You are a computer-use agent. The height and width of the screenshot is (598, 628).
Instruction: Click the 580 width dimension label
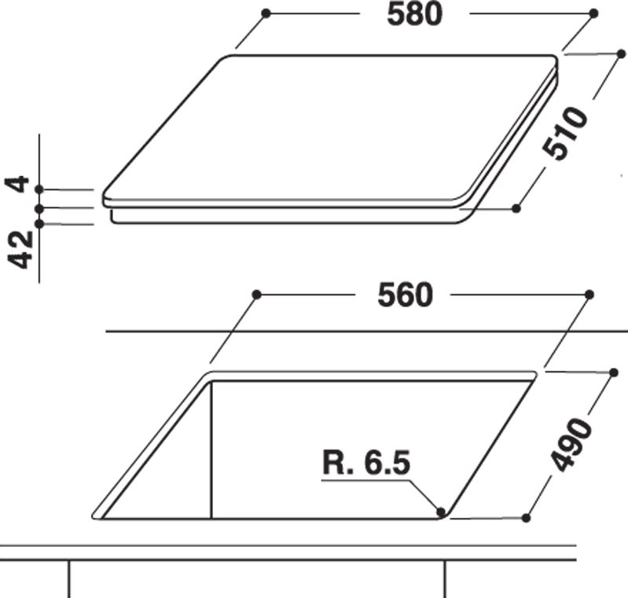click(414, 15)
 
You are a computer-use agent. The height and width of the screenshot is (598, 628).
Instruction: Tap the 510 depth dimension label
click(565, 134)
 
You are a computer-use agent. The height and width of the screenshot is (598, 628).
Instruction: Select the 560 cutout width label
click(406, 295)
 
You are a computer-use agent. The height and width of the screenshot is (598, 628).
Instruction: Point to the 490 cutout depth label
click(571, 444)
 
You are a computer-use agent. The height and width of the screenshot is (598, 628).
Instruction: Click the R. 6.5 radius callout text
click(366, 464)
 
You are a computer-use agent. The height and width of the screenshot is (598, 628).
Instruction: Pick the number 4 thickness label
click(17, 184)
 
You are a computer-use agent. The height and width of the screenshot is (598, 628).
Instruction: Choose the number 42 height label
click(20, 249)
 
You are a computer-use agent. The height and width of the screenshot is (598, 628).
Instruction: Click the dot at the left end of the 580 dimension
click(266, 13)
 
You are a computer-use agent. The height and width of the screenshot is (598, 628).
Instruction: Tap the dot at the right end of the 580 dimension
click(594, 13)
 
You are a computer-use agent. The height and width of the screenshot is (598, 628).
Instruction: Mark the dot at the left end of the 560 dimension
click(257, 295)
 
